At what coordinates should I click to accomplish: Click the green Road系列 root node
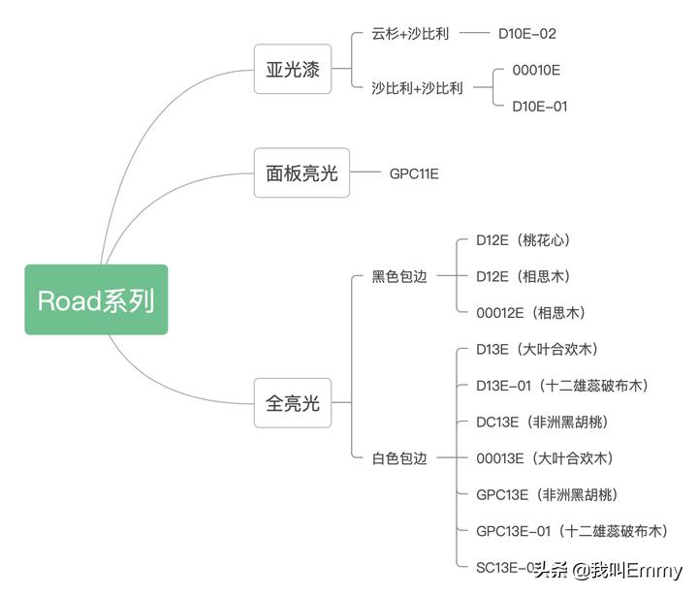96,300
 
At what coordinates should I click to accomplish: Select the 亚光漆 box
293,69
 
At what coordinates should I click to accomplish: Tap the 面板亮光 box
301,172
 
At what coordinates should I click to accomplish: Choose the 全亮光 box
293,403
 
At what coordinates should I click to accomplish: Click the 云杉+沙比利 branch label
410,34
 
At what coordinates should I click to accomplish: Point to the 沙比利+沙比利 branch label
417,88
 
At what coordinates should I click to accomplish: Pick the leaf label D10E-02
527,34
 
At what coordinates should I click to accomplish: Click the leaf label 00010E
536,70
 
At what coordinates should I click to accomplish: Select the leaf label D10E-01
540,107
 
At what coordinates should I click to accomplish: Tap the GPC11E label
414,173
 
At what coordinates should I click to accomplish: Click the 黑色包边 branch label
398,276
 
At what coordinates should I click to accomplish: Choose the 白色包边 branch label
398,458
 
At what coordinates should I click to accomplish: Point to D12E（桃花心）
530,239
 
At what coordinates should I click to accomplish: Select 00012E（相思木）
530,313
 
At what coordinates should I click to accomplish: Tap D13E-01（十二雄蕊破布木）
562,386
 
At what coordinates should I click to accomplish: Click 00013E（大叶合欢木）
544,458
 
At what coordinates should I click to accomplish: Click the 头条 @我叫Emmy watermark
610,570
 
